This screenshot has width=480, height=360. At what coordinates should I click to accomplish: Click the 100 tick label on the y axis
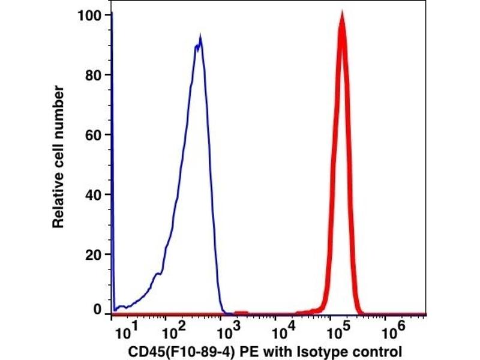91,15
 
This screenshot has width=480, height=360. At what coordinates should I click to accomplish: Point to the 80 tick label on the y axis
94,75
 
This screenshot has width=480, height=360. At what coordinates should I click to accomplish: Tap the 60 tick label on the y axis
94,135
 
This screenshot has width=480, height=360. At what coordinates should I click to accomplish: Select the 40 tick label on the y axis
94,194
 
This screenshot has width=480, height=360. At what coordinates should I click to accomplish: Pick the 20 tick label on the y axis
94,254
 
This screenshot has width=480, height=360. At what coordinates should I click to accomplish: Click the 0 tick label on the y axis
97,310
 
